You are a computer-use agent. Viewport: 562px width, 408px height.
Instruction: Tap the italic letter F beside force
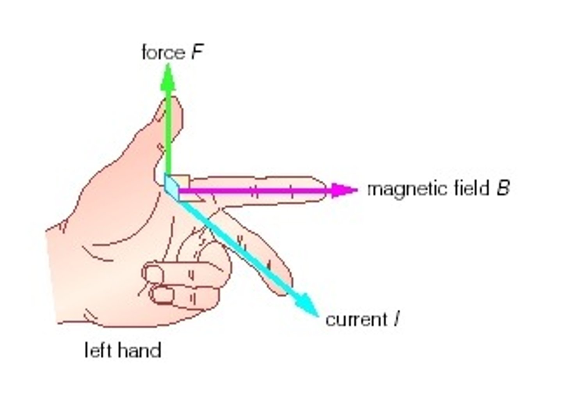pyautogui.click(x=197, y=52)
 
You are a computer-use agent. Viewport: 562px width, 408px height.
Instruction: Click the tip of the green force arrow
pyautogui.click(x=168, y=67)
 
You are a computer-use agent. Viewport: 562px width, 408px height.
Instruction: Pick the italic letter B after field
pyautogui.click(x=503, y=188)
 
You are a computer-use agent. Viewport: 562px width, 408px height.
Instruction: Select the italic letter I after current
pyautogui.click(x=396, y=319)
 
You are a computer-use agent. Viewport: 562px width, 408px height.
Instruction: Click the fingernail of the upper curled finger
pyautogui.click(x=154, y=273)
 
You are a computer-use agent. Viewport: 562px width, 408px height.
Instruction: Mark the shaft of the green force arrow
pyautogui.click(x=168, y=133)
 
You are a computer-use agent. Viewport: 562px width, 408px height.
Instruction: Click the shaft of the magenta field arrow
pyautogui.click(x=254, y=191)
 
